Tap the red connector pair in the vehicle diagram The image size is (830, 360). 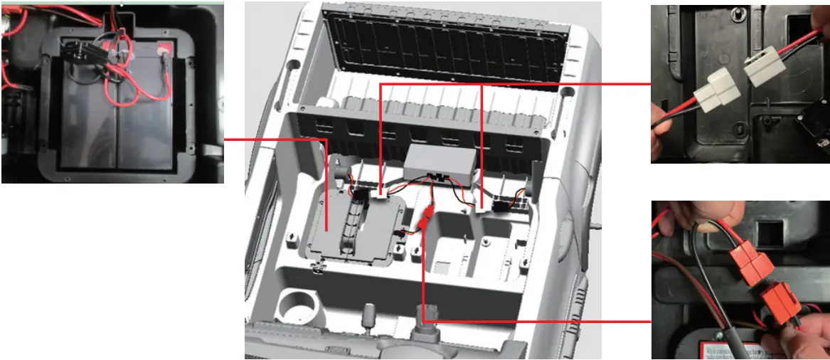point(426,216)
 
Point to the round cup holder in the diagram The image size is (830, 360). point(297,307)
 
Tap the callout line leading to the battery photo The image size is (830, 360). point(274,138)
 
